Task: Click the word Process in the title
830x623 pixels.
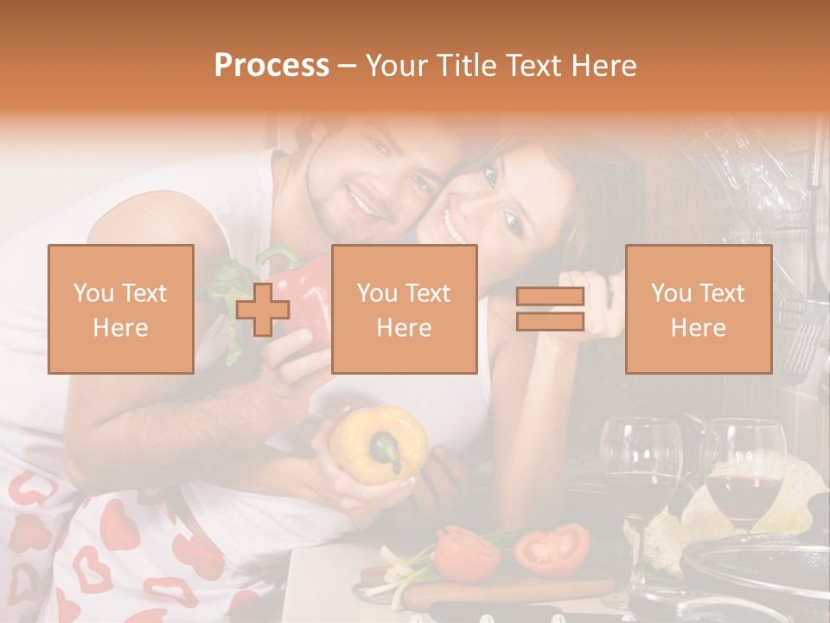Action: pyautogui.click(x=271, y=65)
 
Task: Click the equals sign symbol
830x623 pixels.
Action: pyautogui.click(x=550, y=309)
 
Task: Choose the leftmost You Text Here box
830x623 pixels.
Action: pyautogui.click(x=120, y=309)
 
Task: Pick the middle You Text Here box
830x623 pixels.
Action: pyautogui.click(x=404, y=309)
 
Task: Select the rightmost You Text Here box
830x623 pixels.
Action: pyautogui.click(x=698, y=309)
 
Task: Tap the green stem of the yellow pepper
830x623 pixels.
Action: pyautogui.click(x=384, y=449)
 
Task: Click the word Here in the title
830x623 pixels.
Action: pyautogui.click(x=603, y=65)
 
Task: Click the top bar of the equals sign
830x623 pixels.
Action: pyautogui.click(x=550, y=298)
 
